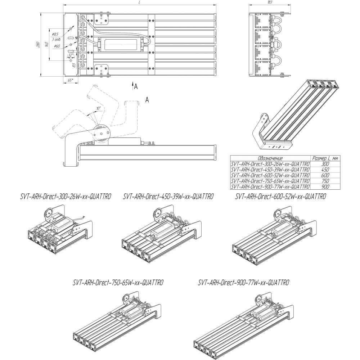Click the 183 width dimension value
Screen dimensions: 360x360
pos(270,2)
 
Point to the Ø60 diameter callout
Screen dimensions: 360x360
pos(57,46)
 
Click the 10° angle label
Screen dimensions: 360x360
pos(98,108)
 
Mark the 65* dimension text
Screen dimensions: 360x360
pos(71,80)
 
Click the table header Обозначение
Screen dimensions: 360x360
pos(270,158)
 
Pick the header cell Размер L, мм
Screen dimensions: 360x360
pos(326,158)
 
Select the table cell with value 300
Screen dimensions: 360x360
pos(326,163)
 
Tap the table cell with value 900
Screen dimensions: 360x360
pos(326,187)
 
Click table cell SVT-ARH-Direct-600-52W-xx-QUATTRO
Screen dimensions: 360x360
pos(270,175)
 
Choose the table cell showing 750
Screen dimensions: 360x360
pos(326,181)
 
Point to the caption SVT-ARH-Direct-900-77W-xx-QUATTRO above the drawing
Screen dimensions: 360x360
pos(244,283)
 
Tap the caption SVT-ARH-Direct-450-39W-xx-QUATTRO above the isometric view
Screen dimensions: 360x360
pos(168,197)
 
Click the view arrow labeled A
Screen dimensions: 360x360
pos(135,86)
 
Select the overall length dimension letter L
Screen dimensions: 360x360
pos(139,3)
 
